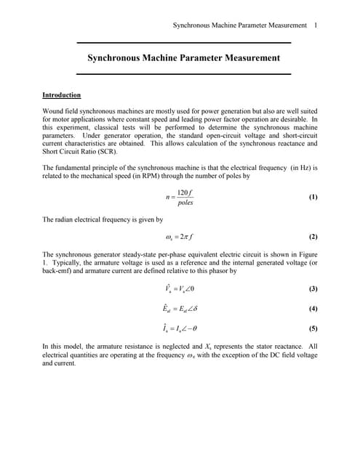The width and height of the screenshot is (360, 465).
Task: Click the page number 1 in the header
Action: point(315,25)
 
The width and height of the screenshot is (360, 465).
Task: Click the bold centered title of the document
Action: point(183,57)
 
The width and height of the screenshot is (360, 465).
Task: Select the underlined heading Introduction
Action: point(62,95)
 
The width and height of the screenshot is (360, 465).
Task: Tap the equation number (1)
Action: point(313,197)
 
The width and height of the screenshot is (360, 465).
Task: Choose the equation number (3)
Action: point(313,288)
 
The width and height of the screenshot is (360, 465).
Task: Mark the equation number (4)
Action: point(313,308)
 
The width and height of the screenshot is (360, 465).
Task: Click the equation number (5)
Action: point(313,328)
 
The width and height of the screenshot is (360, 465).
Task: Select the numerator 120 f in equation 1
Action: point(185,192)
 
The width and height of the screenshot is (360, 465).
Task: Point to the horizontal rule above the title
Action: point(183,43)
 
